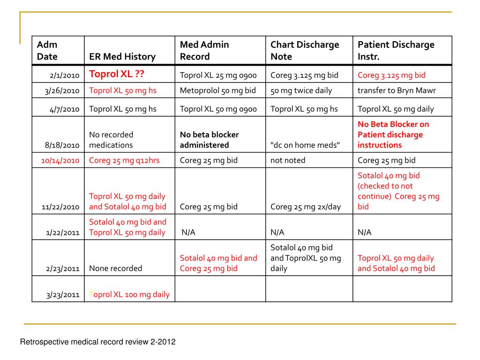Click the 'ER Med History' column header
click(x=122, y=57)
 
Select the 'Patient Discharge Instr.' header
click(x=396, y=51)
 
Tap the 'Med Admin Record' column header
click(x=204, y=51)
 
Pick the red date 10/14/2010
click(x=60, y=160)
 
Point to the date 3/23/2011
click(x=62, y=295)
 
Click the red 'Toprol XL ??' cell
click(x=117, y=75)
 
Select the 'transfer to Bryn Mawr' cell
click(x=397, y=90)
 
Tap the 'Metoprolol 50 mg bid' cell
click(x=218, y=90)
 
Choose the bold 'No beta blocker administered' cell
click(x=209, y=140)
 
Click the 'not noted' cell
click(x=288, y=160)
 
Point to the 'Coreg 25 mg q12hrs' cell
click(x=124, y=160)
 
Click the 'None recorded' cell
click(x=115, y=269)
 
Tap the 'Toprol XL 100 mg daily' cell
click(x=129, y=295)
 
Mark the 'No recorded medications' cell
click(x=111, y=140)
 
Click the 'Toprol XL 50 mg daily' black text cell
click(x=396, y=109)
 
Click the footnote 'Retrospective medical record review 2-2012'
click(x=97, y=342)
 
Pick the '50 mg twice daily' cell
click(x=301, y=90)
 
